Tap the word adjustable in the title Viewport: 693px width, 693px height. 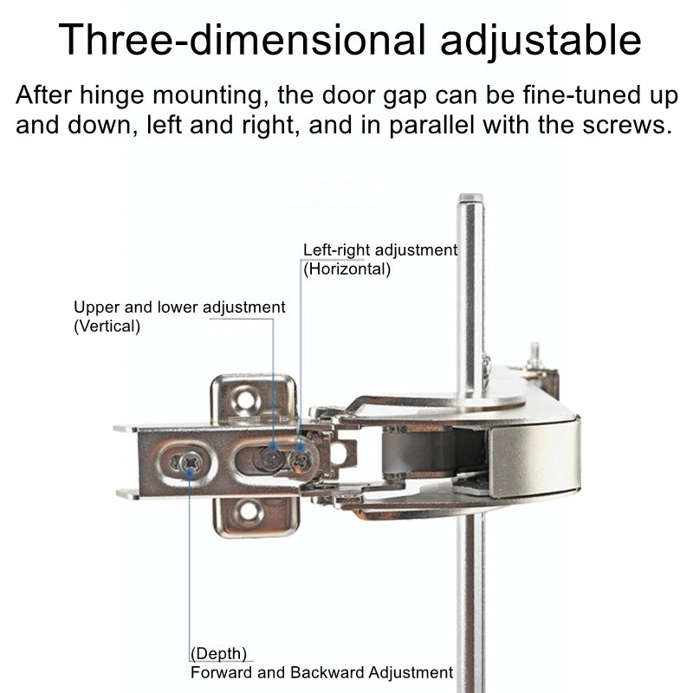pyautogui.click(x=541, y=41)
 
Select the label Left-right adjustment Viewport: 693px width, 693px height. pyautogui.click(x=380, y=250)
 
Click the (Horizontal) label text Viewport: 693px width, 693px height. pyautogui.click(x=347, y=269)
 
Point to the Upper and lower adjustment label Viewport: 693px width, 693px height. pyautogui.click(x=179, y=308)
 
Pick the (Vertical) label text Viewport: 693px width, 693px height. pyautogui.click(x=107, y=327)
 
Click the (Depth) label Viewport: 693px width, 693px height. pyautogui.click(x=218, y=653)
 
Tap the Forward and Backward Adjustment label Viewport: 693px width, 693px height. pyautogui.click(x=321, y=673)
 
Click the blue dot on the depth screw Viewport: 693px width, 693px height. pyautogui.click(x=191, y=473)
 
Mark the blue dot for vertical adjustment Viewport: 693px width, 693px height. pyautogui.click(x=274, y=447)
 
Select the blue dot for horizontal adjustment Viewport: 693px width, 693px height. pyautogui.click(x=301, y=448)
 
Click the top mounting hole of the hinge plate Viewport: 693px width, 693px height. pyautogui.click(x=245, y=399)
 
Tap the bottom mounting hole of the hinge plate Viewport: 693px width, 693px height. pyautogui.click(x=249, y=510)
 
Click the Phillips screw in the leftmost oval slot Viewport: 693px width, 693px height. pyautogui.click(x=191, y=463)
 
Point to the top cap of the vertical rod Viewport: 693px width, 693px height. pyautogui.click(x=470, y=198)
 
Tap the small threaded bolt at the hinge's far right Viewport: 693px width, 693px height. pyautogui.click(x=534, y=356)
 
